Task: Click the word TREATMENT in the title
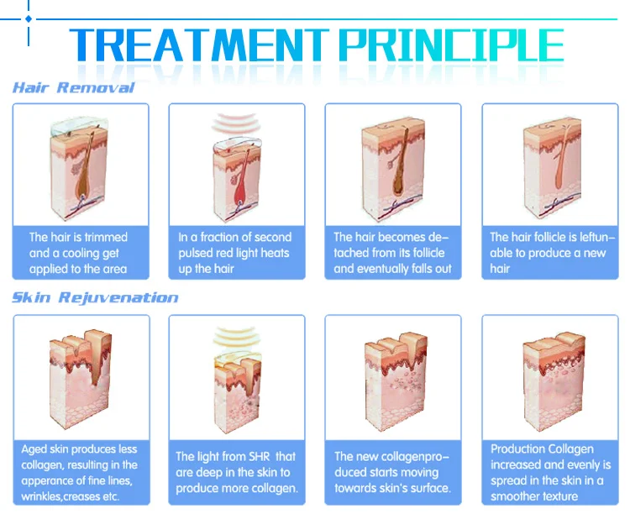[x=199, y=45]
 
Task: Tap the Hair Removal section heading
[x=74, y=87]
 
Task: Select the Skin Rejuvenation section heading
[x=95, y=298]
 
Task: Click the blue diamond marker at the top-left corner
[x=29, y=18]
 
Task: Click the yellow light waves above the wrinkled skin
[x=235, y=337]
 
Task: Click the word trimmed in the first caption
[x=104, y=237]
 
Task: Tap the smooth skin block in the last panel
[x=553, y=381]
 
